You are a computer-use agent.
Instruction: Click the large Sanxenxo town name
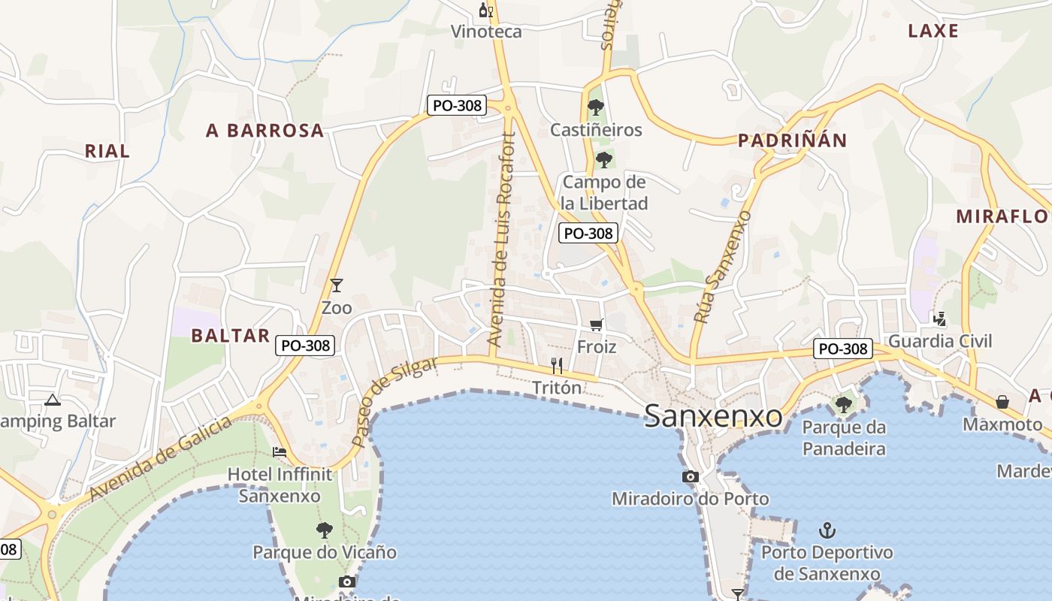pyautogui.click(x=713, y=415)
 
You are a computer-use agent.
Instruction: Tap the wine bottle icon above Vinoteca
pyautogui.click(x=486, y=11)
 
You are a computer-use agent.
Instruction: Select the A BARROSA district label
pyautogui.click(x=265, y=131)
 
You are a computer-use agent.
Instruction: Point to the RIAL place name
pyautogui.click(x=107, y=151)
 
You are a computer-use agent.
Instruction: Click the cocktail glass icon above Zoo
pyautogui.click(x=337, y=285)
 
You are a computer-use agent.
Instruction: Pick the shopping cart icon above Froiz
pyautogui.click(x=596, y=325)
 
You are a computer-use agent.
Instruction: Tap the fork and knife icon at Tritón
pyautogui.click(x=557, y=366)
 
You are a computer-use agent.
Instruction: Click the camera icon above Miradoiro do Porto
pyautogui.click(x=690, y=476)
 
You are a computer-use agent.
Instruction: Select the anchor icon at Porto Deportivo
pyautogui.click(x=827, y=531)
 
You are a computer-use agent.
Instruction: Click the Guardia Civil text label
pyautogui.click(x=940, y=342)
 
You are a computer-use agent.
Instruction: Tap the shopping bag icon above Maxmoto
pyautogui.click(x=1002, y=402)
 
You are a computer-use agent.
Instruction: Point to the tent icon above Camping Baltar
pyautogui.click(x=52, y=400)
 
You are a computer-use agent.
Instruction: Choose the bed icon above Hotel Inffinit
pyautogui.click(x=280, y=452)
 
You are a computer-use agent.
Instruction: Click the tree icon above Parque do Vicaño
pyautogui.click(x=324, y=530)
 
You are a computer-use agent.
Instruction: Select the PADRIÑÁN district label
pyautogui.click(x=792, y=140)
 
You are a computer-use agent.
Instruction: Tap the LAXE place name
pyautogui.click(x=933, y=31)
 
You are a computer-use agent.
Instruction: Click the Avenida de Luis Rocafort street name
pyautogui.click(x=502, y=239)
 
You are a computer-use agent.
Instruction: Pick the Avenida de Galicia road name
pyautogui.click(x=161, y=458)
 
